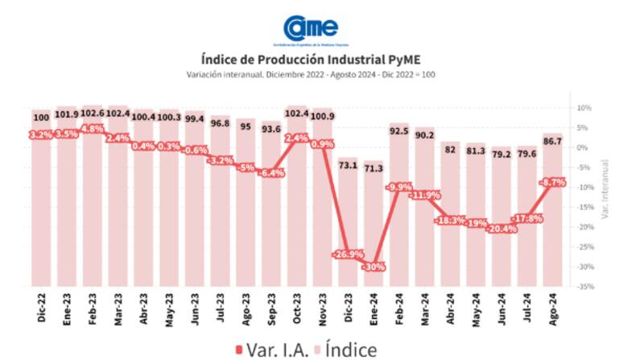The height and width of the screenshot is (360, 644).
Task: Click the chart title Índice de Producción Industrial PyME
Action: click(310, 59)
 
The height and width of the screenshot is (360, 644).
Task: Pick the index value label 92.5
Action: click(398, 130)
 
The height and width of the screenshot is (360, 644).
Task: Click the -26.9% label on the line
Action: click(347, 254)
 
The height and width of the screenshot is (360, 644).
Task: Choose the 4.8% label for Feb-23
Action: click(93, 129)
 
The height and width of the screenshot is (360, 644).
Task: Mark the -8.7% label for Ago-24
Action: click(553, 183)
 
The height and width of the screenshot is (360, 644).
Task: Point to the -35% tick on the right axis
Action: click(584, 286)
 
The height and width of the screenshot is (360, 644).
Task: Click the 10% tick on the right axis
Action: click(584, 108)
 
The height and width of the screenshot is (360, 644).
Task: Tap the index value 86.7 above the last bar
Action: click(553, 141)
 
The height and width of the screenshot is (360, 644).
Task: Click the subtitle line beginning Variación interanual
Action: click(310, 74)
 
